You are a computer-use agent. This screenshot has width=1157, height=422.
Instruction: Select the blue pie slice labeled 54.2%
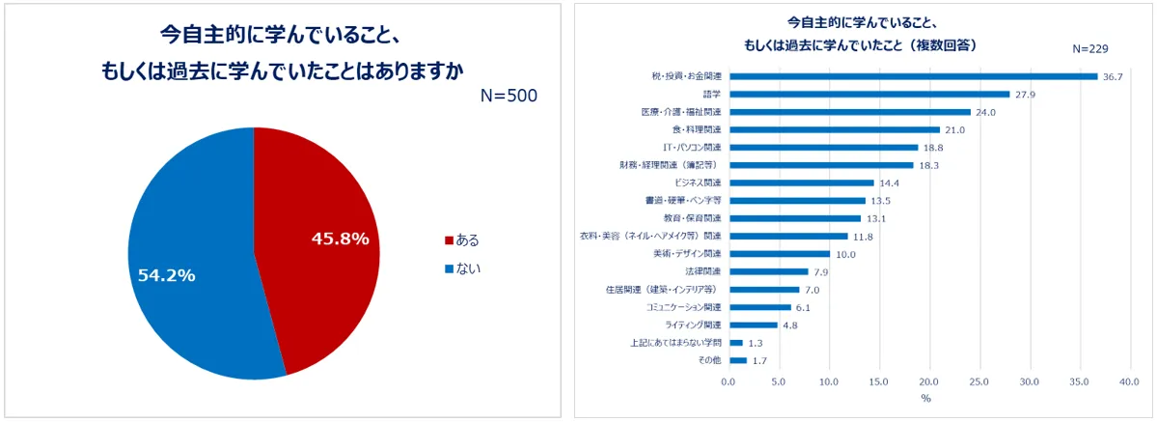pos(188,261)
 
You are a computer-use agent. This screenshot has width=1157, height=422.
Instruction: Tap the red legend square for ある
pos(448,240)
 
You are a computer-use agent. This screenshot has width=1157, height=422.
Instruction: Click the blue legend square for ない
pos(448,268)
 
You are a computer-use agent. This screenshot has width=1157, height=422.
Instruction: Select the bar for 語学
pos(868,94)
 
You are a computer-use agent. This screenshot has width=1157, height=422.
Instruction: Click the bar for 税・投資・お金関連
pos(913,76)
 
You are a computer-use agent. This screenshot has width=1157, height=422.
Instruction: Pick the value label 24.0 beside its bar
pos(984,112)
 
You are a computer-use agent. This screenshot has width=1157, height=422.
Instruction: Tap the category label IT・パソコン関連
pos(692,148)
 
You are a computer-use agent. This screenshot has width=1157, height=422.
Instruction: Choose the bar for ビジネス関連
pos(801,183)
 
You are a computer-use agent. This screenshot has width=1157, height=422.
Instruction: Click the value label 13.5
pos(880,201)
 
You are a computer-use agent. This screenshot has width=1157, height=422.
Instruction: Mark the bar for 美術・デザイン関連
pos(779,254)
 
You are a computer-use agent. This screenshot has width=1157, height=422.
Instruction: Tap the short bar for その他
pos(738,360)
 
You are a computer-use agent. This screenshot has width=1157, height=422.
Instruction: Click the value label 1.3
pos(757,343)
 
